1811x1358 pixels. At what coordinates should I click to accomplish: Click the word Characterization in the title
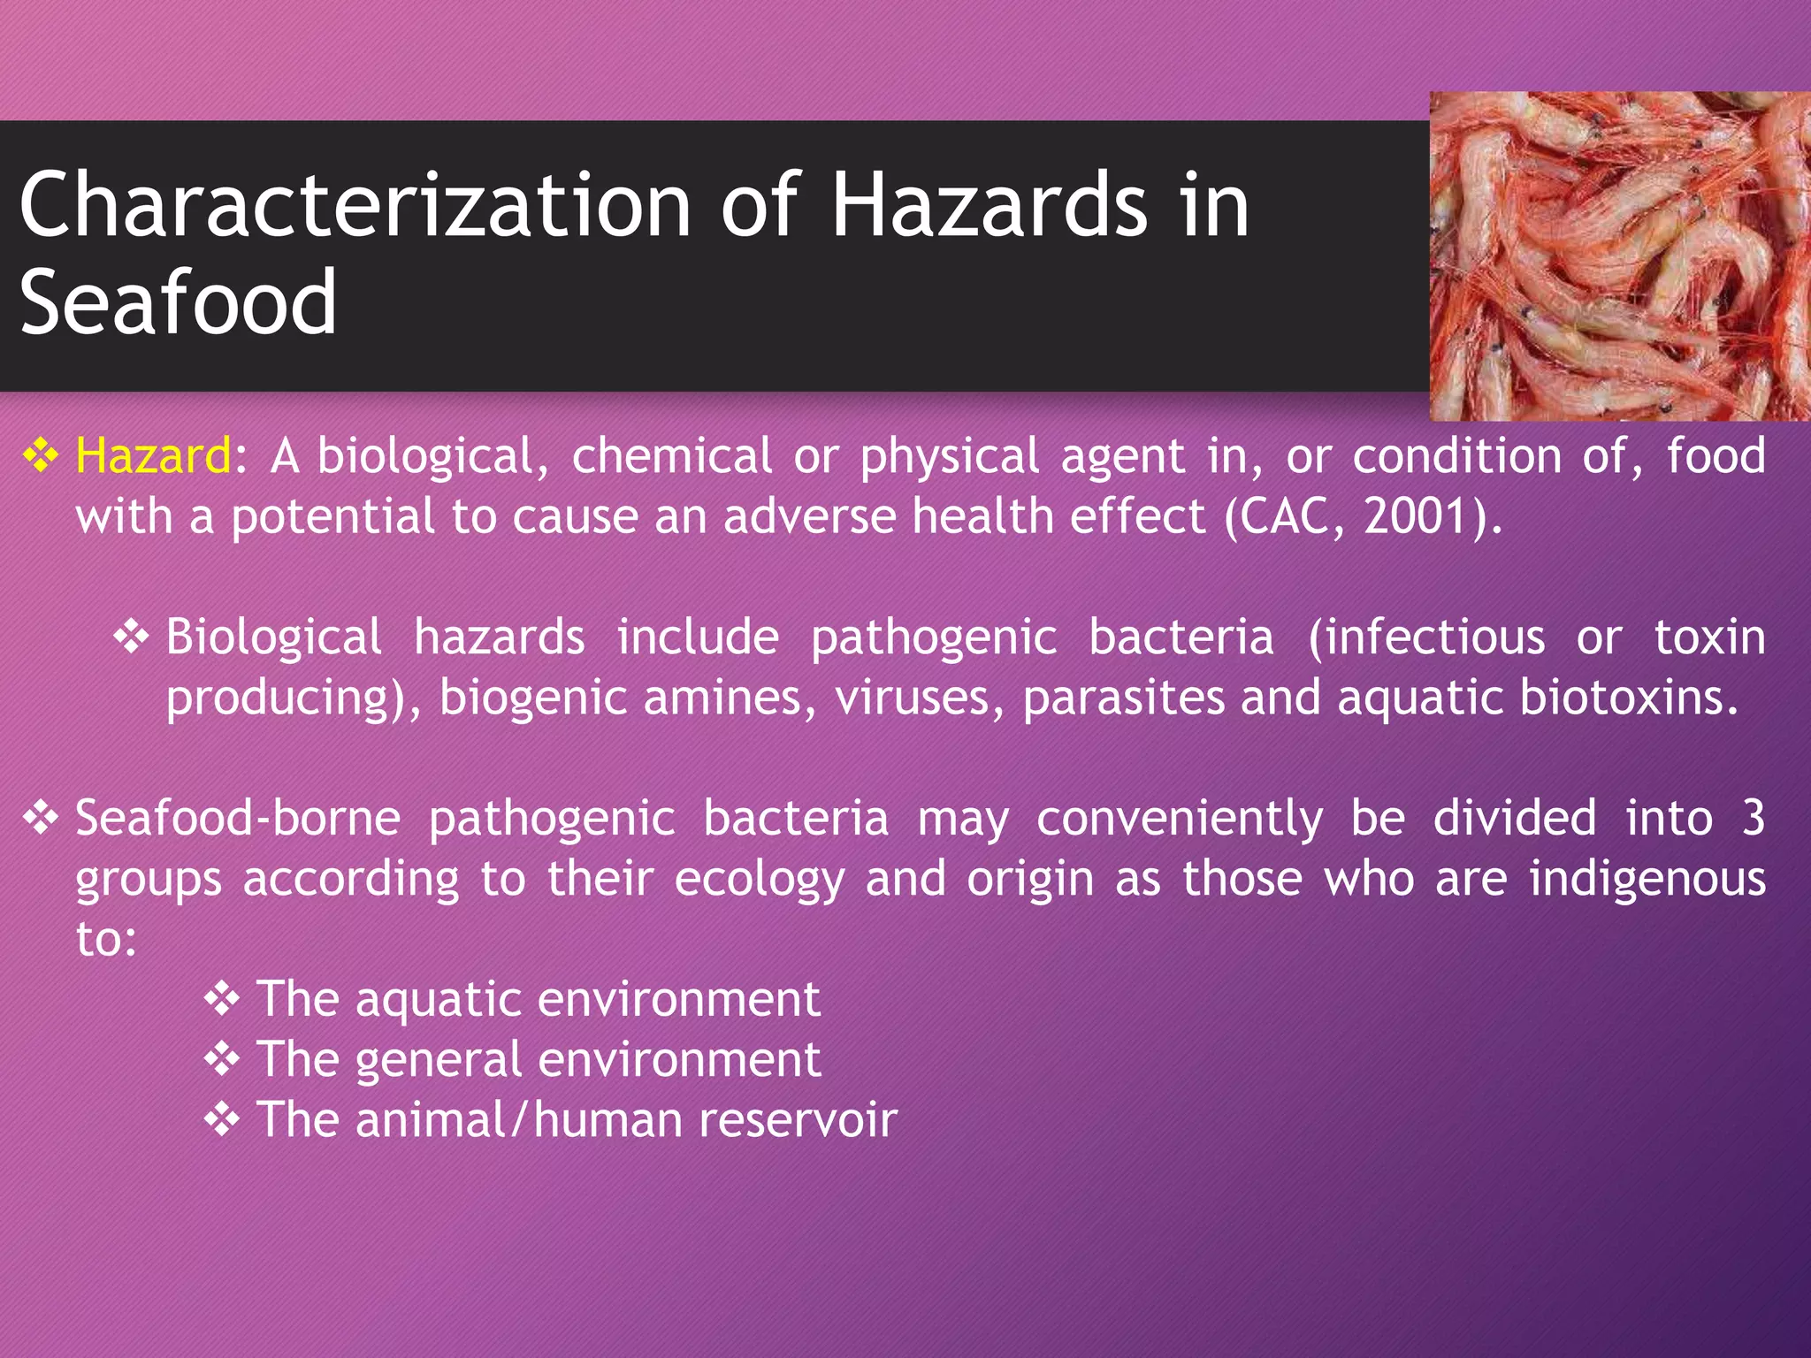(x=354, y=205)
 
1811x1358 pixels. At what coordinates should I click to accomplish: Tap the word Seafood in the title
(x=178, y=302)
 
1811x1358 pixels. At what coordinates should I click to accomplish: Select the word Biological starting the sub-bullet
(x=274, y=637)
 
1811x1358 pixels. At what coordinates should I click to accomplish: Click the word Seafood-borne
(x=238, y=818)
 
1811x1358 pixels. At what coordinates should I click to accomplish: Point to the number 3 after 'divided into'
(x=1753, y=818)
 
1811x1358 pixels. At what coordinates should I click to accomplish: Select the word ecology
(x=760, y=880)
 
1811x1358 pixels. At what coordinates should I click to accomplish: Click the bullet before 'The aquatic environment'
(x=222, y=999)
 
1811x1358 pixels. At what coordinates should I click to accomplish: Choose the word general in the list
(x=439, y=1060)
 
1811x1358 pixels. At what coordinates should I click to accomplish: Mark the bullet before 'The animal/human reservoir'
(x=222, y=1120)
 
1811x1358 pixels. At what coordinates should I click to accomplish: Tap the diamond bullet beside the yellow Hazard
(x=41, y=456)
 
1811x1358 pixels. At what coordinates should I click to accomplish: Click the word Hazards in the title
(x=990, y=205)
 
